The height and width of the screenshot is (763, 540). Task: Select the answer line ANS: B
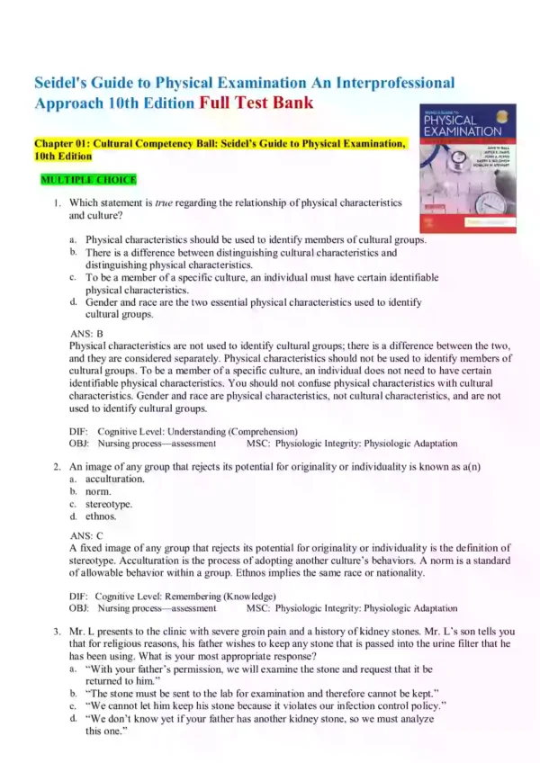click(86, 333)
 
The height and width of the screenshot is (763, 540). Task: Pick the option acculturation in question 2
click(114, 480)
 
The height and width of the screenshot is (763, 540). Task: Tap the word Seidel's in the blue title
click(65, 83)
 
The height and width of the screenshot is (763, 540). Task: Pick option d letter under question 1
click(72, 302)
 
